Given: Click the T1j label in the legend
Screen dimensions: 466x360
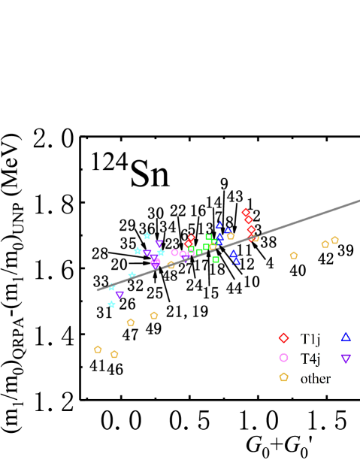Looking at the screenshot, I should [310, 339].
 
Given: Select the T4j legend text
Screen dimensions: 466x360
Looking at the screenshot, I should [310, 359].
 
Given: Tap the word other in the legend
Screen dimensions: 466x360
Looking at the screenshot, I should [315, 379].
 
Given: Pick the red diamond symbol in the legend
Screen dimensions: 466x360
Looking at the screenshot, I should [283, 337].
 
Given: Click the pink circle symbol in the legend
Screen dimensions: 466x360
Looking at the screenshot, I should [283, 358].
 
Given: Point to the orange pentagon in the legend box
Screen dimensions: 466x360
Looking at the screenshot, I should [283, 377].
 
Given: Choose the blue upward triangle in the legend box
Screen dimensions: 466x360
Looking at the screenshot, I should [346, 337].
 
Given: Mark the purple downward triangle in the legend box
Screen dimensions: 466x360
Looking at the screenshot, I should [346, 359].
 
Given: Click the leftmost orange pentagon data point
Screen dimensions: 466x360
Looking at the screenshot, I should [98, 349].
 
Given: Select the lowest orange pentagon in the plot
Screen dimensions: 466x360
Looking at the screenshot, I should [114, 355].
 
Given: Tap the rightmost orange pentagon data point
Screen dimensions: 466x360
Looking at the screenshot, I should [334, 241].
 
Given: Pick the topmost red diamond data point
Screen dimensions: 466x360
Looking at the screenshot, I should [246, 213].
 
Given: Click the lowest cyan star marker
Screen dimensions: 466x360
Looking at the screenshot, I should [112, 304].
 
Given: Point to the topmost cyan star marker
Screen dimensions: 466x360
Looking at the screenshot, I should [147, 236].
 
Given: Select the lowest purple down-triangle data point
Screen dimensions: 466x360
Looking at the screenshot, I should [119, 295].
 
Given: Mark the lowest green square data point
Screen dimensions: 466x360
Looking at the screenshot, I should [216, 259].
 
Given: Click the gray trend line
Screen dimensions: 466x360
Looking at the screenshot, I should [301, 220].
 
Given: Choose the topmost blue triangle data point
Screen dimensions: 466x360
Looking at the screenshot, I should [219, 225].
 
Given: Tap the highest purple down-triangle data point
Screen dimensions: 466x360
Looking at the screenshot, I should [159, 244].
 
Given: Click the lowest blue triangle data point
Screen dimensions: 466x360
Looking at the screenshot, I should [236, 262].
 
